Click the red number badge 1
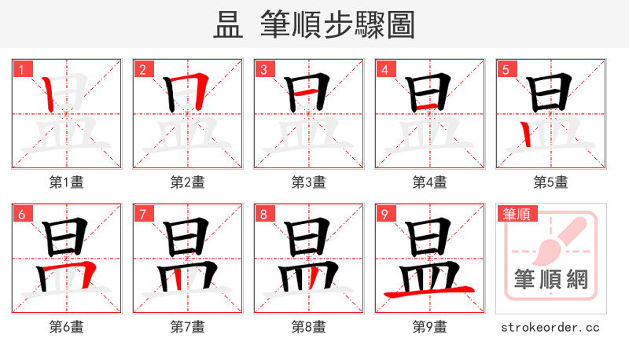21,69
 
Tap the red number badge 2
142,69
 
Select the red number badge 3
263,69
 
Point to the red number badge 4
384,69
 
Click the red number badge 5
506,69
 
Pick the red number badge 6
21,214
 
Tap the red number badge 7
142,214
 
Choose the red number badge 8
263,214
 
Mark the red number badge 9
384,214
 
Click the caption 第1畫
67,182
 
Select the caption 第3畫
309,182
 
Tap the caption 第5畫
551,182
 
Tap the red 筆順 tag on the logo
516,213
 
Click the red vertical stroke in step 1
50,94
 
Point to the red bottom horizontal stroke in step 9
429,292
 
